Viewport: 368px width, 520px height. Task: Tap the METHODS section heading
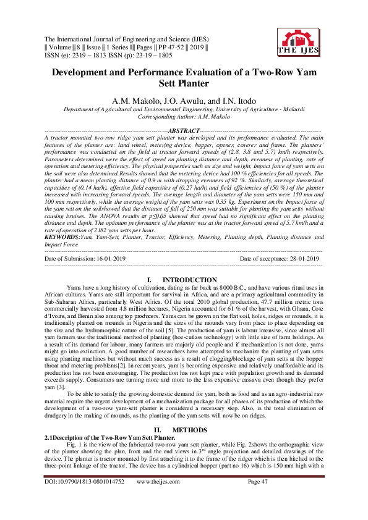[186, 429]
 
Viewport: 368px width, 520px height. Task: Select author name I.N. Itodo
[234, 100]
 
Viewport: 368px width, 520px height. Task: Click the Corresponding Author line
[184, 115]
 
